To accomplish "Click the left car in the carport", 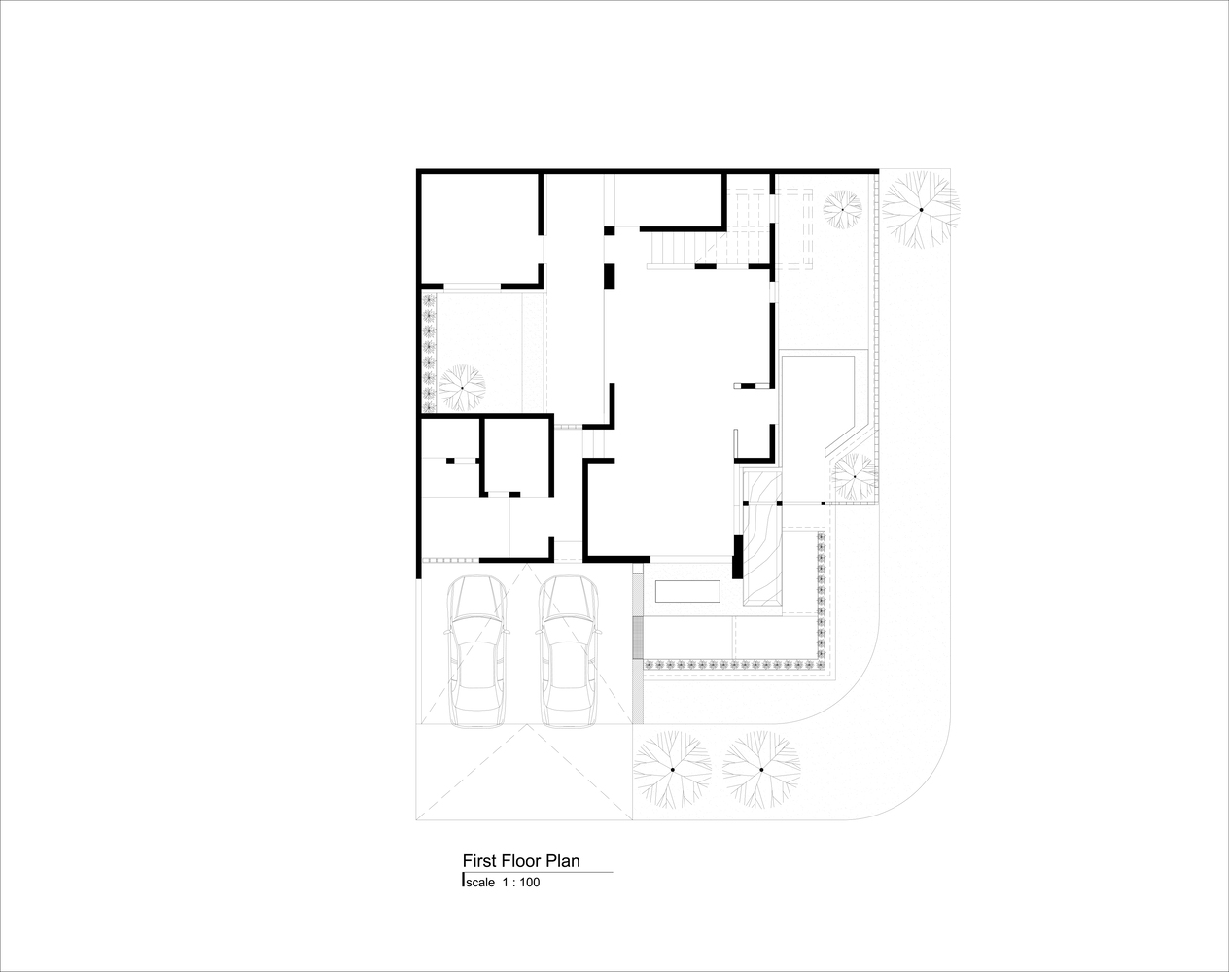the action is (476, 651).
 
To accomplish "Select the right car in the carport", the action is (569, 651).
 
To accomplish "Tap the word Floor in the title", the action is (521, 860).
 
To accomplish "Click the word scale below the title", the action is (480, 883).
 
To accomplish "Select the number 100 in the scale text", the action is (530, 883).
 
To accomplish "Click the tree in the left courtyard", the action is (462, 388).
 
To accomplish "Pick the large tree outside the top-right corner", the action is (921, 210).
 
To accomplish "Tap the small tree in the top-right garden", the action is (842, 210).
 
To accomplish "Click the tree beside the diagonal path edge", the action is (855, 476).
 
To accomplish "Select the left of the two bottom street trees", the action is (672, 770).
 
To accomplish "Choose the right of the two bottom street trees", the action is (761, 770).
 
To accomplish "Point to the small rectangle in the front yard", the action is (687, 591).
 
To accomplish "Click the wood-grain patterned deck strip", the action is (763, 538).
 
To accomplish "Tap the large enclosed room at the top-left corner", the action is (480, 228).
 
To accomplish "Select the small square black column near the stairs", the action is (610, 230).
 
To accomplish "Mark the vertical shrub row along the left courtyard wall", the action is (429, 352).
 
